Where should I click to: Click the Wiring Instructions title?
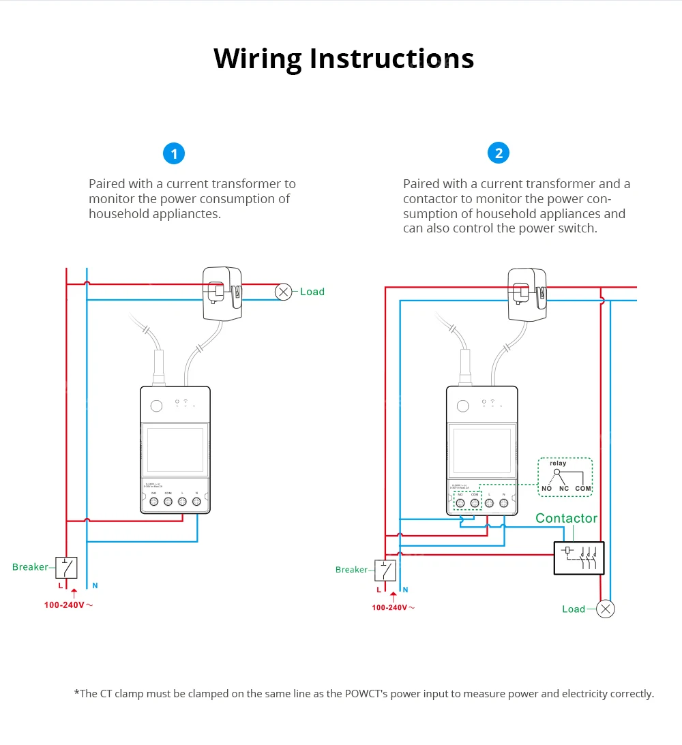click(343, 59)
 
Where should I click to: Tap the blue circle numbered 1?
click(174, 153)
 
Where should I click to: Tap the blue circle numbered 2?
click(499, 153)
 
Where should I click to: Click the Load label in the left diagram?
click(312, 292)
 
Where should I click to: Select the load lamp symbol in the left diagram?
click(283, 292)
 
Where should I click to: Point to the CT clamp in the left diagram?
click(223, 293)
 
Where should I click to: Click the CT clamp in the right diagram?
click(528, 294)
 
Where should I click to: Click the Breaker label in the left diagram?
click(30, 567)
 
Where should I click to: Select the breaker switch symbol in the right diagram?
click(386, 570)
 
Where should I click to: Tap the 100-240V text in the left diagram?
click(65, 605)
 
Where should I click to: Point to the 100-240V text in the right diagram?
click(389, 607)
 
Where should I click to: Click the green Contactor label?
click(566, 518)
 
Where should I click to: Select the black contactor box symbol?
click(578, 558)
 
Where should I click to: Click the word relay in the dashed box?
click(558, 463)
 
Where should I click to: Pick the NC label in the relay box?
click(564, 489)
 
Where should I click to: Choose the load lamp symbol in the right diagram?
click(605, 609)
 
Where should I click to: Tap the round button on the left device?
click(156, 406)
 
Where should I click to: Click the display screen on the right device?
click(481, 450)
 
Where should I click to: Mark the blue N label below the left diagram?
click(95, 586)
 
